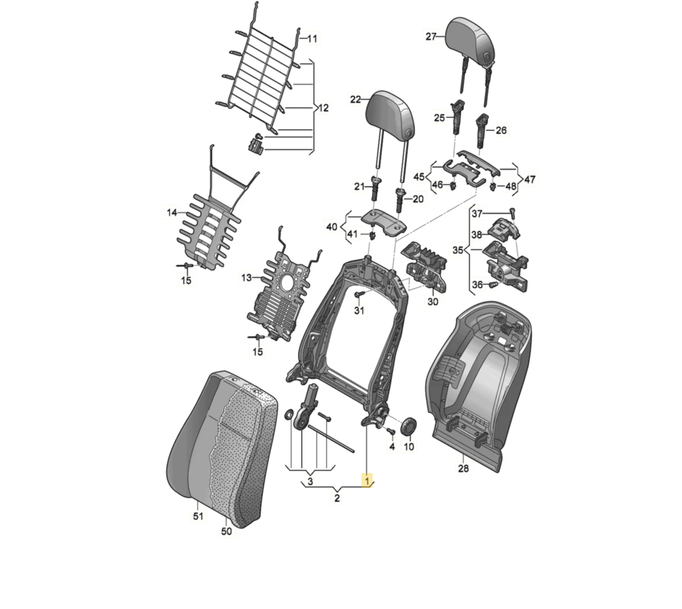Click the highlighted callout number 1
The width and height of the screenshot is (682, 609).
367,480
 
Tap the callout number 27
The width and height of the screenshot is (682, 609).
431,36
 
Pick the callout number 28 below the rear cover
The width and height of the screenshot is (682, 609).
464,469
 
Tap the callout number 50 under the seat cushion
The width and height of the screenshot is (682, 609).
226,531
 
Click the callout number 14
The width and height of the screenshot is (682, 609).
172,213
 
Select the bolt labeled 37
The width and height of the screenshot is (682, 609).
513,213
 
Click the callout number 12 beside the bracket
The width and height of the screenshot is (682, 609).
323,108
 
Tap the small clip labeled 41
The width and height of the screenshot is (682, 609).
373,235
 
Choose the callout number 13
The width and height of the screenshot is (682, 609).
247,277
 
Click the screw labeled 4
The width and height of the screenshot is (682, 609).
391,431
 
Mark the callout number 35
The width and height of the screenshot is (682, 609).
458,250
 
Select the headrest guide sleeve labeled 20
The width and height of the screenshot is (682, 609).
400,200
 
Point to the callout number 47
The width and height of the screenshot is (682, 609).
530,180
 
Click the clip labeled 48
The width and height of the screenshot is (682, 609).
493,187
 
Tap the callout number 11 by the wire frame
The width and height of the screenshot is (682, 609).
312,39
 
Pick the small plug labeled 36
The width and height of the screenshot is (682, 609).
494,285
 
